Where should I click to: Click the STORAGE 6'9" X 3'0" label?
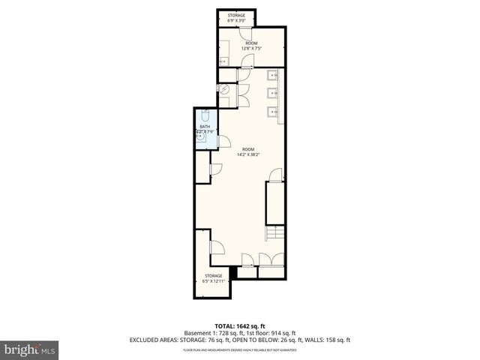click(237, 17)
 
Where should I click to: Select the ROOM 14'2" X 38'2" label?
click(248, 153)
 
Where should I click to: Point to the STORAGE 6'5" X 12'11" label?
click(213, 278)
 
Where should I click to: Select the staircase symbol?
click(274, 233)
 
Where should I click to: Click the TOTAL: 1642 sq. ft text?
click(240, 325)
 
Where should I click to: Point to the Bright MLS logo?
click(30, 349)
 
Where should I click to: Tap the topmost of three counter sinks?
click(272, 75)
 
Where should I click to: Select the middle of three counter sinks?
click(272, 94)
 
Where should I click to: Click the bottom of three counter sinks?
click(272, 112)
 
